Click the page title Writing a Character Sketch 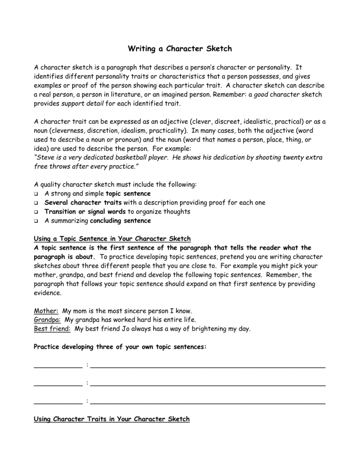(180, 48)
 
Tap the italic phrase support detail (82, 104)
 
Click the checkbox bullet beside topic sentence (36, 194)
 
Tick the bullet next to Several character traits (36, 203)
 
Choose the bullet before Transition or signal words (36, 212)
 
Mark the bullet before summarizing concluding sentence (36, 221)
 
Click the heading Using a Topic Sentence (112, 239)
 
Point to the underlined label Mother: (46, 311)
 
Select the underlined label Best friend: (52, 329)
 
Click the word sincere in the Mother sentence (135, 311)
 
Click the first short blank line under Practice (58, 366)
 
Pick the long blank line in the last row (208, 403)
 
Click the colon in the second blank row (86, 384)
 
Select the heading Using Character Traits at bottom (112, 419)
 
